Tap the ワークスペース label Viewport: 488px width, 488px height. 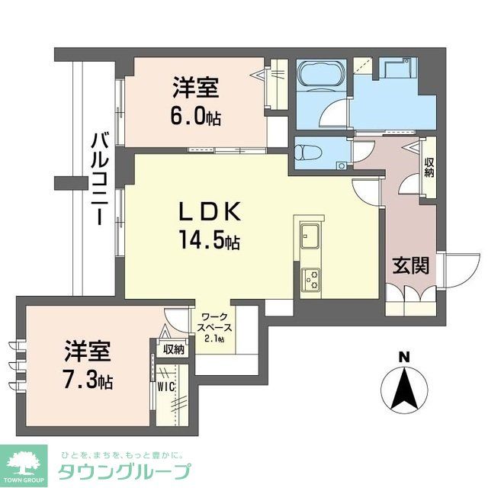(217, 321)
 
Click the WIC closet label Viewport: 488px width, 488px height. (167, 387)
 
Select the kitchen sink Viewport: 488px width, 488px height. (312, 236)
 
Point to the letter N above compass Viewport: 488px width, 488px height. (404, 355)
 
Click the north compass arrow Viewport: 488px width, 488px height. (404, 388)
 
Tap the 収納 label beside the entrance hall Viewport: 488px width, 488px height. (429, 167)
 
